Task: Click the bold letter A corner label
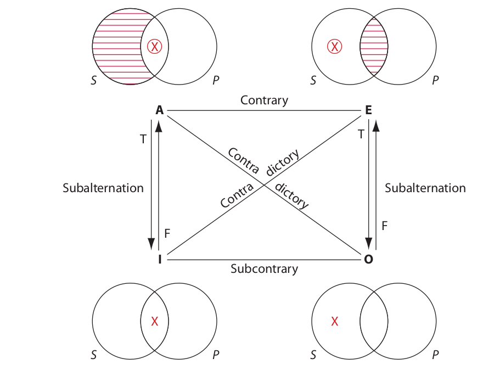[160, 110]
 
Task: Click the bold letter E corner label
[368, 110]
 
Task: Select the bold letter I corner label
[160, 259]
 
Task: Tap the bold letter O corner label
[368, 259]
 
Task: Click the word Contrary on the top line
[264, 100]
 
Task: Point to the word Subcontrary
[264, 269]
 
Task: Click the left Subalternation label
[103, 188]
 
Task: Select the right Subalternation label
[425, 188]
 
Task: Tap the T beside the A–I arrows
[143, 139]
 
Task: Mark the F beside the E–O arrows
[384, 225]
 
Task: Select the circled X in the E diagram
[334, 47]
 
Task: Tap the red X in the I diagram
[154, 322]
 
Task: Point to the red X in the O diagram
[334, 322]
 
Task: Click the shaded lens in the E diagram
[374, 47]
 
